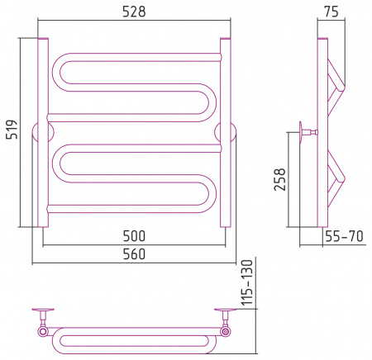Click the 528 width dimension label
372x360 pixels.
point(134,12)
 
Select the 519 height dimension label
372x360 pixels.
point(12,130)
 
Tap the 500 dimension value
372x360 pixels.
point(134,236)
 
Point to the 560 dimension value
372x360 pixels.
point(134,254)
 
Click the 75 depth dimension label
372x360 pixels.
point(331,12)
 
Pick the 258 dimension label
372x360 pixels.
point(279,179)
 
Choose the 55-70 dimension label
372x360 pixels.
point(345,236)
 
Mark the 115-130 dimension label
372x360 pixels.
point(247,282)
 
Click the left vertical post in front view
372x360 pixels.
point(43,132)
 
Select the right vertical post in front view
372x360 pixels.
point(226,132)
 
